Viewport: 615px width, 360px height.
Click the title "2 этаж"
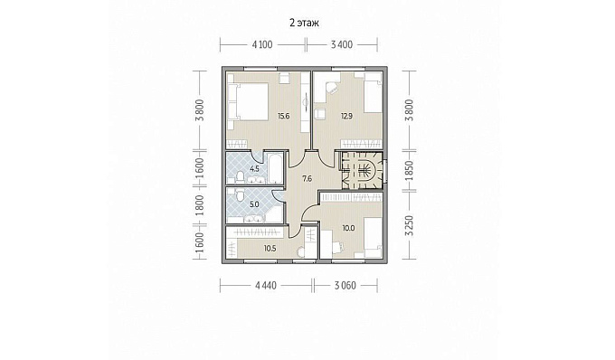coord(305,23)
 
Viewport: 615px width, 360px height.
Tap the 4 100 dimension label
coord(262,44)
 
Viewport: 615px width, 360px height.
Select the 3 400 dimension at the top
coord(342,44)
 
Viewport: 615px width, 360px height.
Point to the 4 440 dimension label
coord(266,286)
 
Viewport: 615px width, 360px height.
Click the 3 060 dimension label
coord(345,286)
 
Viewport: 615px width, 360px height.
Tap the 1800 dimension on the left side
coord(200,205)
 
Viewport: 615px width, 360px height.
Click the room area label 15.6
coord(284,116)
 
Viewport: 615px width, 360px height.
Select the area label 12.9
coord(346,116)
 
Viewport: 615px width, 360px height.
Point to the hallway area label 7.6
coord(307,179)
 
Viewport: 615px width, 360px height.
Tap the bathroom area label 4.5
coord(254,169)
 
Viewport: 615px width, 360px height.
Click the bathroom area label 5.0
coord(254,204)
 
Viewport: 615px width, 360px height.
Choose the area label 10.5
coord(270,248)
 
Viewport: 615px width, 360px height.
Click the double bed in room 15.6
coord(248,101)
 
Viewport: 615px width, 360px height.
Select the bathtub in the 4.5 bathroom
coord(275,169)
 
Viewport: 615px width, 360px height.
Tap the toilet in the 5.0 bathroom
coord(238,194)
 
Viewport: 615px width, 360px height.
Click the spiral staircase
coord(362,171)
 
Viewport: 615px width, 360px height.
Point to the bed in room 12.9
coord(373,93)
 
